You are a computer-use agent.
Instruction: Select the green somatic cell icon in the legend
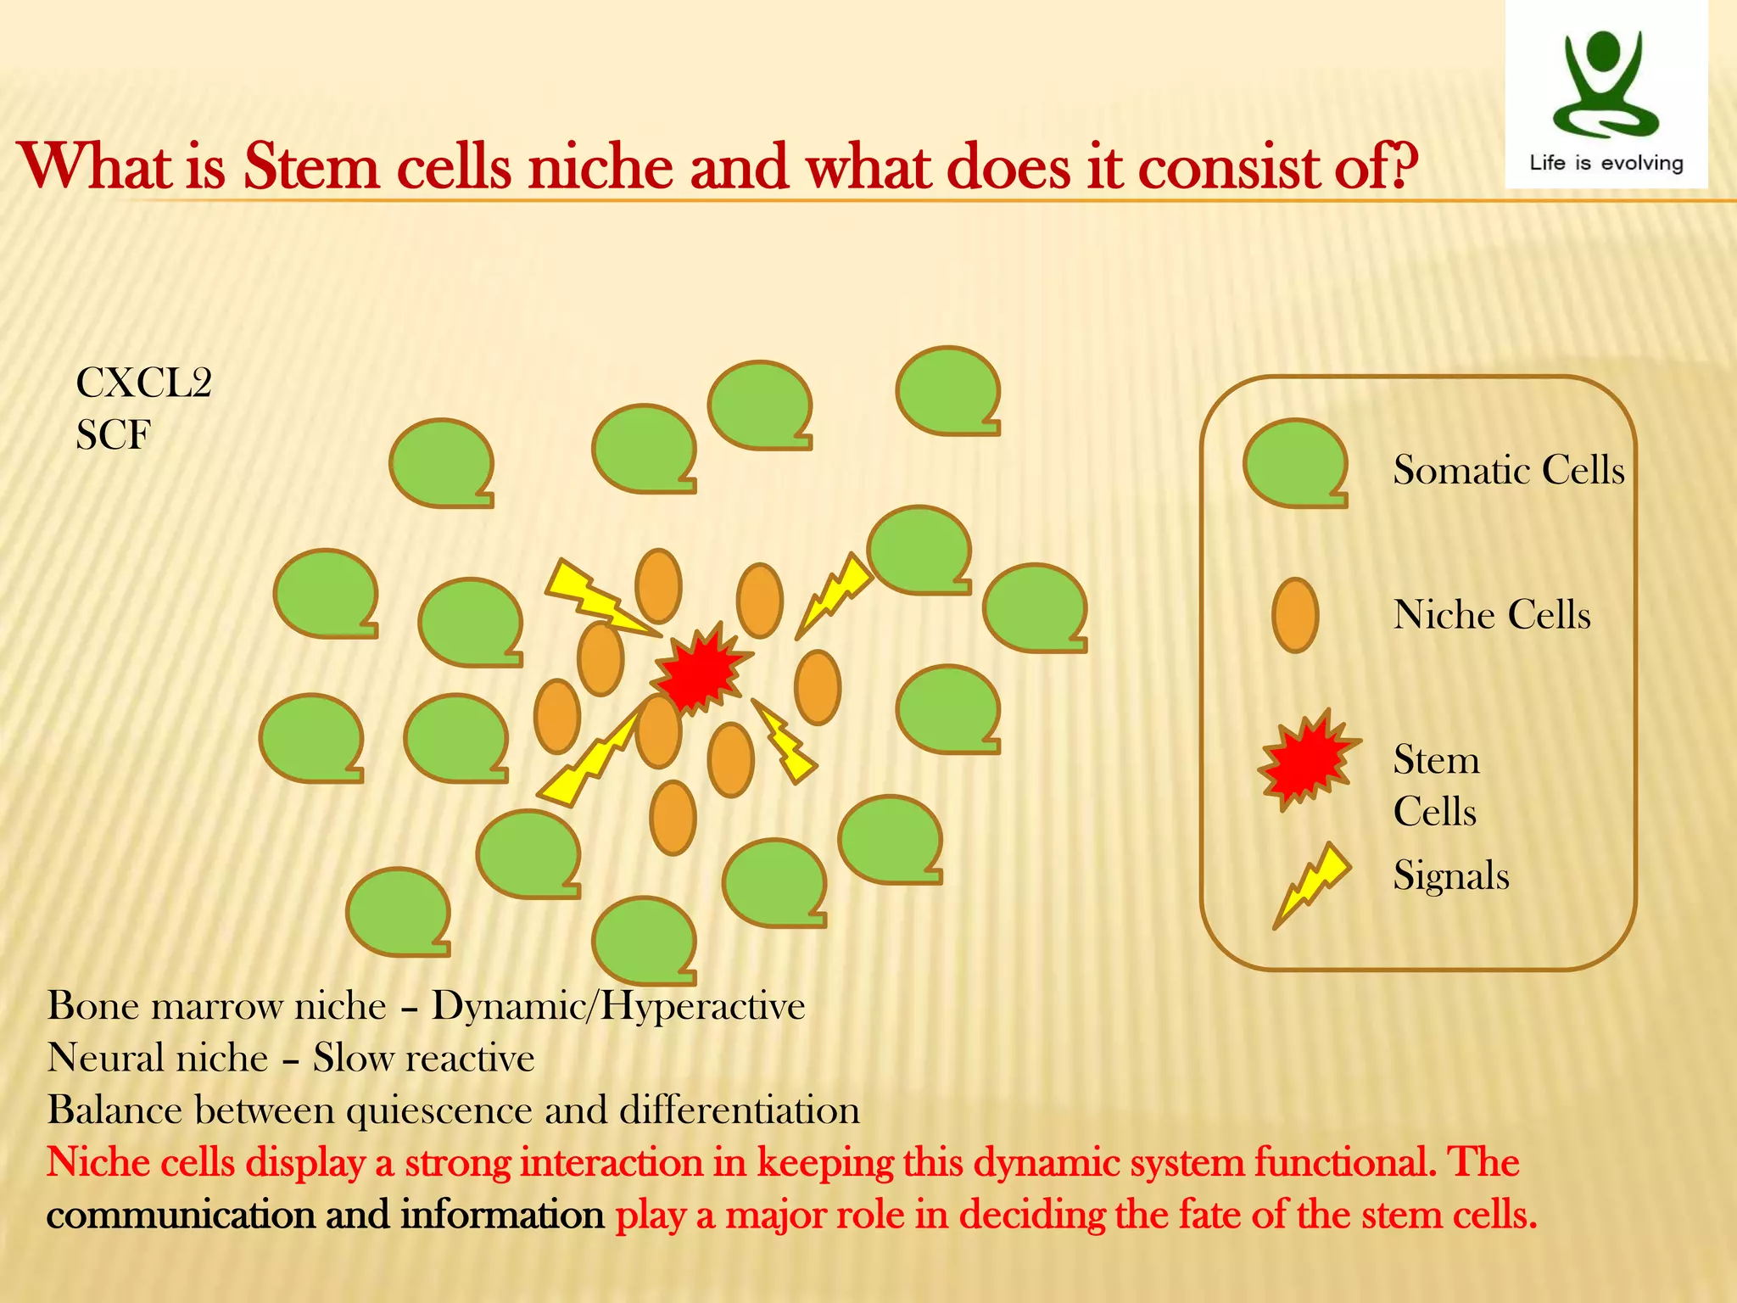pos(1295,463)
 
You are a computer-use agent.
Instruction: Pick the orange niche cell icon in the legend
pos(1295,615)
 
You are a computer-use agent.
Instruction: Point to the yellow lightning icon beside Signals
pos(1310,884)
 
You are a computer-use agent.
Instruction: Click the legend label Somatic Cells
pos(1508,470)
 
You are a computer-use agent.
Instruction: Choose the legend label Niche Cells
pos(1491,614)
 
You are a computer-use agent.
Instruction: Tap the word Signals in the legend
pos(1450,875)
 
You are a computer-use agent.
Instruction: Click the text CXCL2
pos(143,383)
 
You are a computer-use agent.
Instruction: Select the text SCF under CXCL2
pos(113,436)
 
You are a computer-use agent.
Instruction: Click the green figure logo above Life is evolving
pos(1604,85)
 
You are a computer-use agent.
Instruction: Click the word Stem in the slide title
pos(310,166)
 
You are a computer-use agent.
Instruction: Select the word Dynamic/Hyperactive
pos(617,1006)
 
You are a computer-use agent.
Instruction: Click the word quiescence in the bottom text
pos(439,1110)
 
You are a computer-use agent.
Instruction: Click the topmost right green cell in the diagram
pos(947,390)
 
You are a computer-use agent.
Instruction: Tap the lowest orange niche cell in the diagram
pos(673,817)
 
